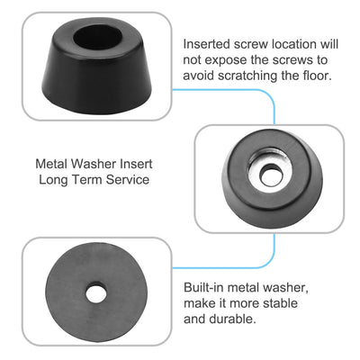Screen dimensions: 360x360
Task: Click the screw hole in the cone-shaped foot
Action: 98,40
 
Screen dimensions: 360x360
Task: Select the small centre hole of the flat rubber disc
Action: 96,292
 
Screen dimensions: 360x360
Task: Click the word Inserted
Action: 207,44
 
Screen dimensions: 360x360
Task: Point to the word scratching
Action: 247,76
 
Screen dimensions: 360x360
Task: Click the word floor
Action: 317,76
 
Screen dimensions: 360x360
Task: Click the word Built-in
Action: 204,287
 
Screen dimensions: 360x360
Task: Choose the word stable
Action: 280,303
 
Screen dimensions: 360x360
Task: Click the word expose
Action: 229,60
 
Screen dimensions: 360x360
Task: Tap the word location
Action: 293,44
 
